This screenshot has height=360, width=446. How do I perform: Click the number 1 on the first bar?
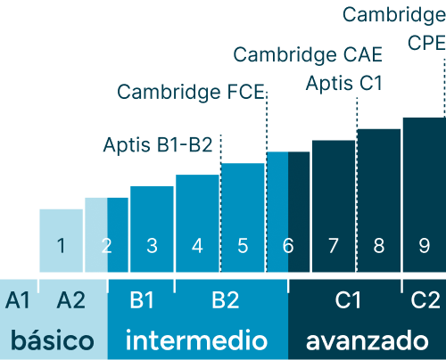(62, 246)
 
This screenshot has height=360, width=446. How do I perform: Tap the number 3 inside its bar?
(152, 246)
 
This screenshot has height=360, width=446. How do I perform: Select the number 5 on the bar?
(243, 246)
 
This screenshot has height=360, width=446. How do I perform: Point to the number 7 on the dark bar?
(334, 246)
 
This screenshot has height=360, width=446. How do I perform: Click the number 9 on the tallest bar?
(425, 246)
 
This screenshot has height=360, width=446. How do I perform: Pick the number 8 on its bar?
(379, 246)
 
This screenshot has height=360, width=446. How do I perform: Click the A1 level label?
(18, 300)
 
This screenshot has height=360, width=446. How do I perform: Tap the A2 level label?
(71, 300)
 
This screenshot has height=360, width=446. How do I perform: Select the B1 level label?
(142, 300)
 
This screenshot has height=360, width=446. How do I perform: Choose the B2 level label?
(226, 300)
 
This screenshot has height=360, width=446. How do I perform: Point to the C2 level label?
(425, 300)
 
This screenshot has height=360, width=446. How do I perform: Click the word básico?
(53, 340)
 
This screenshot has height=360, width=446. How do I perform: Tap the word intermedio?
(196, 340)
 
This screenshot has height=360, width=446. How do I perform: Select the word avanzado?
(368, 340)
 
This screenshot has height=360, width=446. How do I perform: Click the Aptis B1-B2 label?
(158, 145)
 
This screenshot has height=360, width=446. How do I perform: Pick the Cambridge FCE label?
(191, 92)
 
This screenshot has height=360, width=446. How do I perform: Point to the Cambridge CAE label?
(308, 54)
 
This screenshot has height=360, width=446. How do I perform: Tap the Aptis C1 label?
(344, 83)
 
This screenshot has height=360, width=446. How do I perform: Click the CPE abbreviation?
(426, 43)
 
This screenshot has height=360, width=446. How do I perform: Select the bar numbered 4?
(197, 224)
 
